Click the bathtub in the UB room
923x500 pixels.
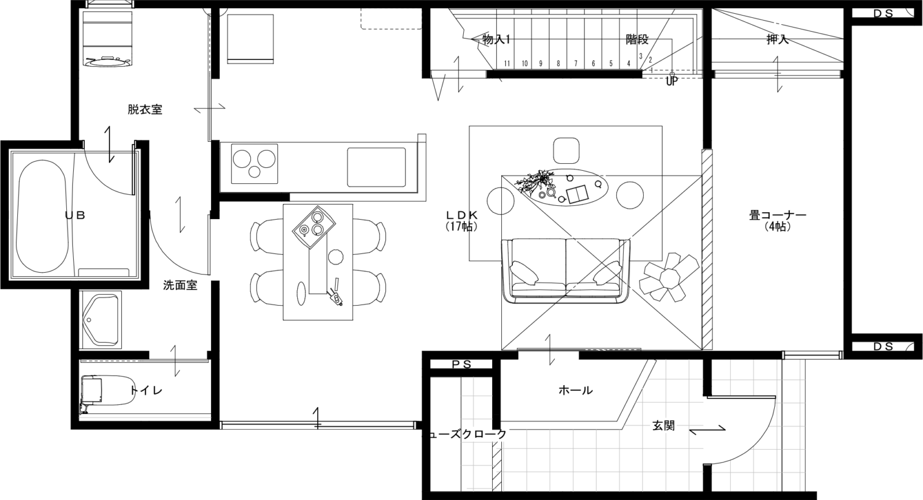pos(41,216)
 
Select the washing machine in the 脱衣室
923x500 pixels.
pos(107,39)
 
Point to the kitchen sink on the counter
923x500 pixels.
pos(377,167)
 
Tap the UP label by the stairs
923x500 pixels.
pos(671,81)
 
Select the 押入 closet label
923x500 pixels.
pos(777,40)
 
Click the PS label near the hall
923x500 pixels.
pos(461,364)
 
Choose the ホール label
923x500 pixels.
pos(575,390)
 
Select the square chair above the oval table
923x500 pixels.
pos(566,151)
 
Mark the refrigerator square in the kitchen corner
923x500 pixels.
pos(250,39)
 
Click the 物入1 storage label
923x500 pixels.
pos(496,40)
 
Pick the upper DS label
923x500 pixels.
pos(883,14)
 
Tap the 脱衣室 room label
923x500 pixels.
pos(145,110)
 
